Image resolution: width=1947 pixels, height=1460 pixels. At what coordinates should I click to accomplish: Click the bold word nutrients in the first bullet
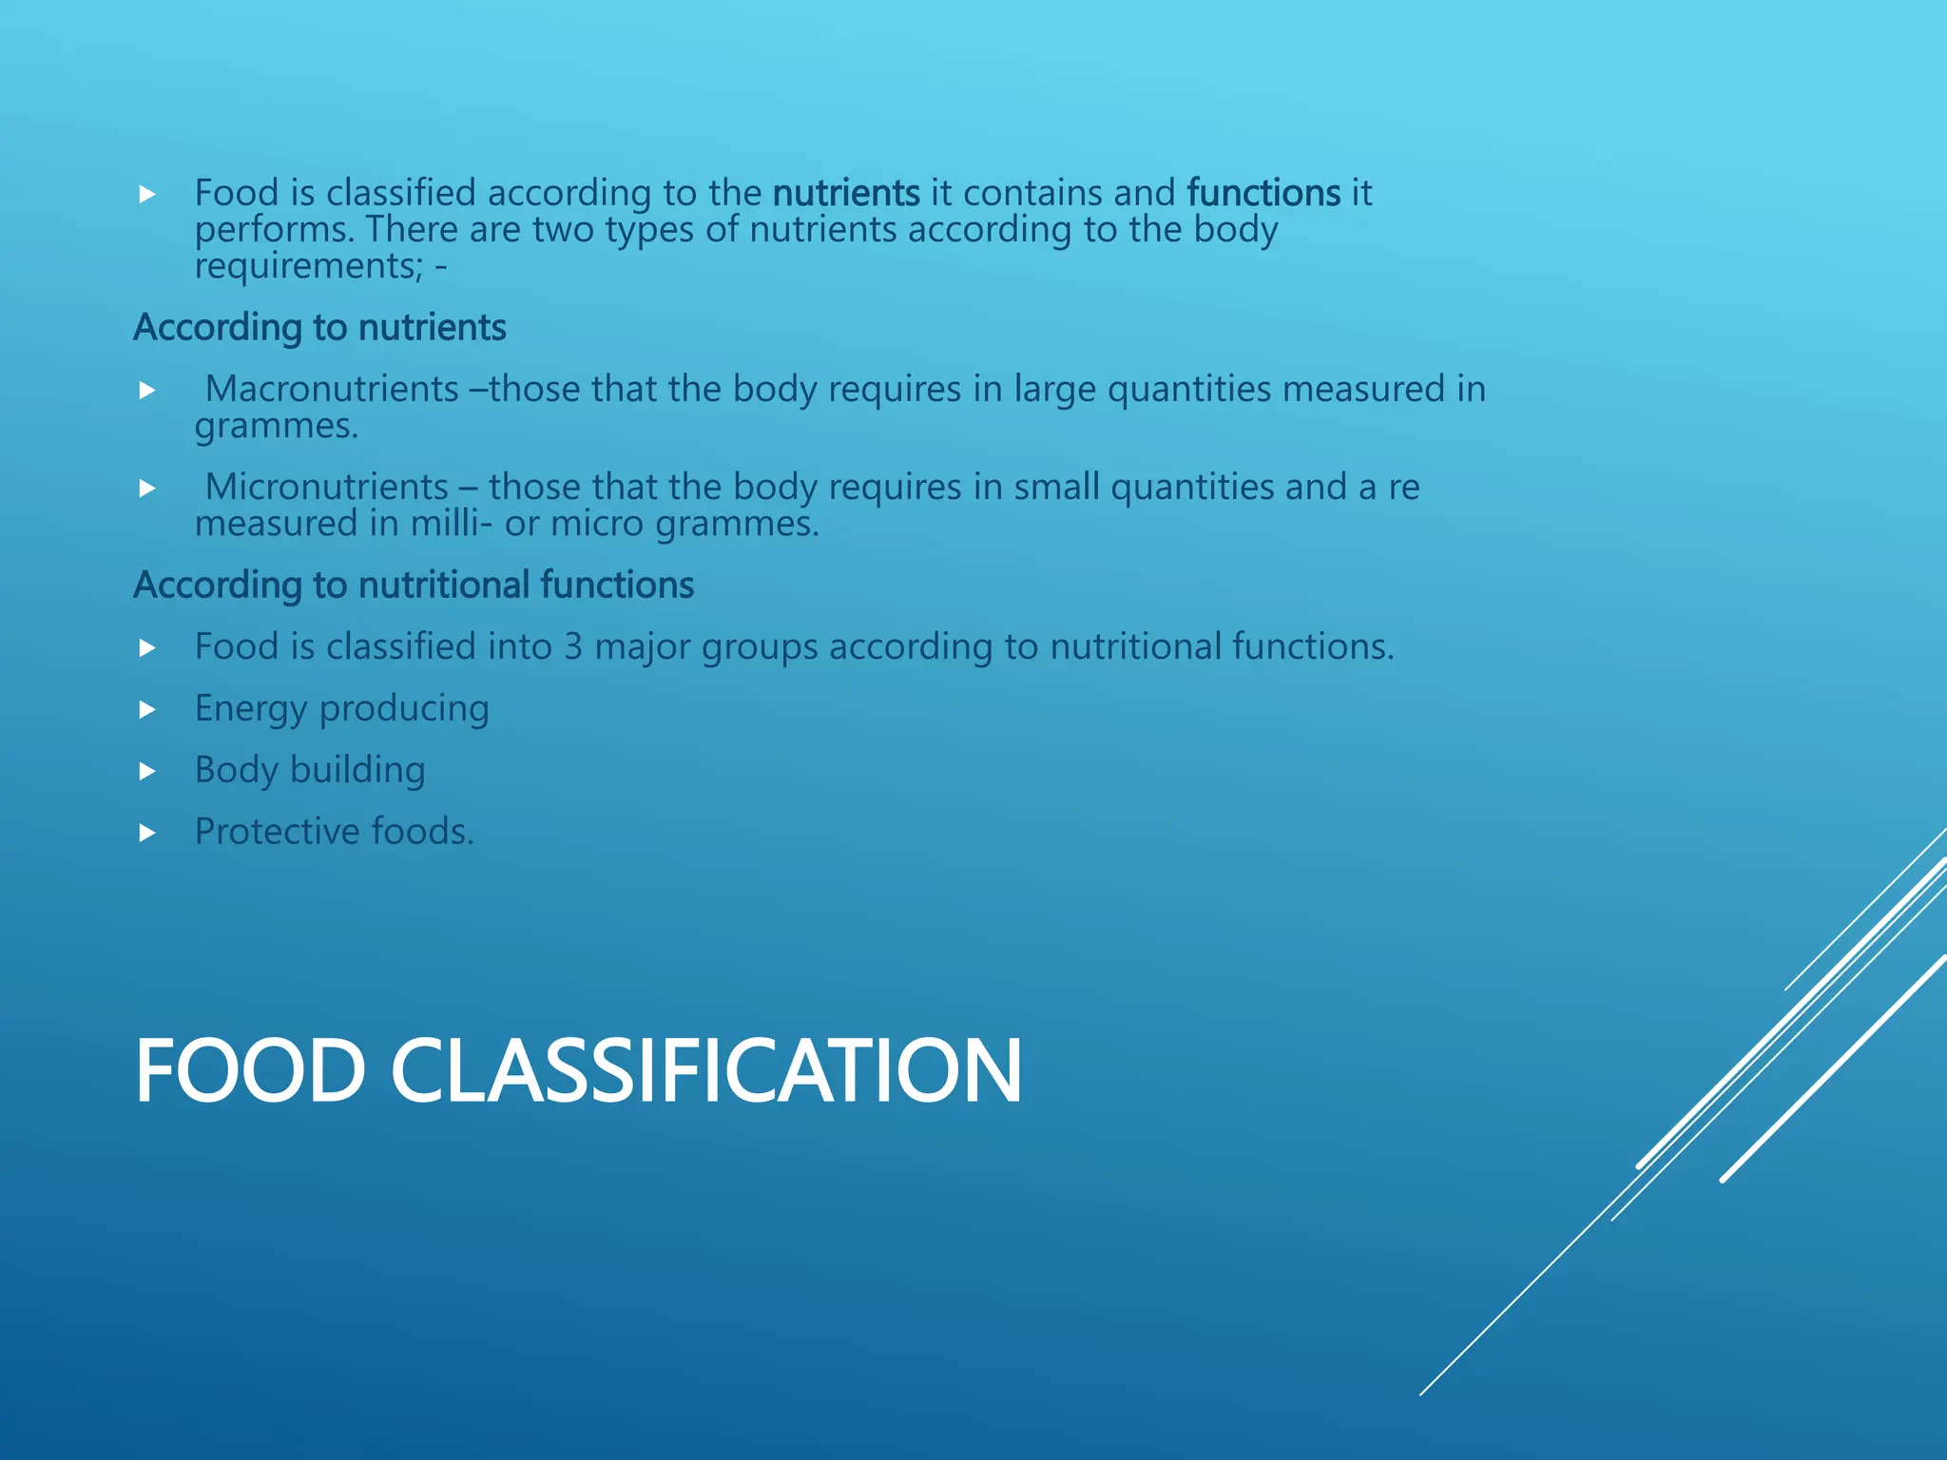click(845, 193)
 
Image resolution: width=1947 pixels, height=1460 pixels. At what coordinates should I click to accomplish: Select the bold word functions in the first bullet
click(1263, 193)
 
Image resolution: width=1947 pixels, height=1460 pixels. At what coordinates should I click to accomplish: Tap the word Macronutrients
click(332, 389)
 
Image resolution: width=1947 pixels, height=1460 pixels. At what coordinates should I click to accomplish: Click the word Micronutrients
click(326, 487)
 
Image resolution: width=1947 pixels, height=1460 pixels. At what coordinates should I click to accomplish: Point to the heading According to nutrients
click(319, 327)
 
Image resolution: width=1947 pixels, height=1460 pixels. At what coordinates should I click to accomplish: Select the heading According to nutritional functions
click(414, 585)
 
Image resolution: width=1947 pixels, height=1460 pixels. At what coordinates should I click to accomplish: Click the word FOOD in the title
click(250, 1071)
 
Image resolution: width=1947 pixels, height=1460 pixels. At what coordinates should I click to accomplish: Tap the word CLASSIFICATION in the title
click(705, 1071)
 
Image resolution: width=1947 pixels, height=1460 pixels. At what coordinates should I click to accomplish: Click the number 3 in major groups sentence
click(572, 646)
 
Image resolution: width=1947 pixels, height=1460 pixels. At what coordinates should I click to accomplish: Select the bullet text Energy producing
click(341, 709)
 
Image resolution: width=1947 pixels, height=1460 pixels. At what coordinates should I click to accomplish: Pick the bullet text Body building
click(310, 770)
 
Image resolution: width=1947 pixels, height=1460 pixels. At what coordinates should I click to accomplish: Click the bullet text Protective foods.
click(334, 832)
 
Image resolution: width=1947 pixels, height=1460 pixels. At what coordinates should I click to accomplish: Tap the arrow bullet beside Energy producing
click(147, 710)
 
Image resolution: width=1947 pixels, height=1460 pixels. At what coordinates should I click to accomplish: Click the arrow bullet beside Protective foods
click(147, 834)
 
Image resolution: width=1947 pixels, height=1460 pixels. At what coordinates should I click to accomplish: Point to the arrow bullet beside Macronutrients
click(147, 391)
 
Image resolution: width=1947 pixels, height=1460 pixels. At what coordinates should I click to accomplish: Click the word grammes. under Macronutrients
click(277, 426)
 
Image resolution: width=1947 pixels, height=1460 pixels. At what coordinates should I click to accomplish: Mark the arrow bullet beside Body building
click(147, 772)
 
